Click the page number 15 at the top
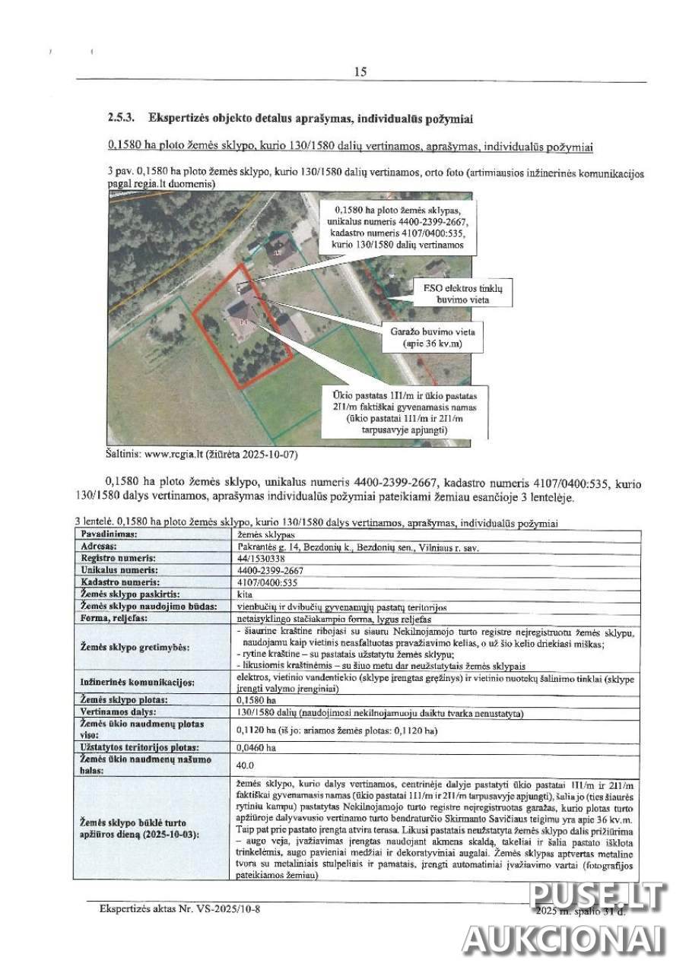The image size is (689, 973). click(360, 71)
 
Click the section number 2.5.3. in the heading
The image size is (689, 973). click(122, 119)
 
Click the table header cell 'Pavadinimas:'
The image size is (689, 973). click(109, 534)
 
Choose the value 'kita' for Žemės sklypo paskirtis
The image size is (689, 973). click(245, 594)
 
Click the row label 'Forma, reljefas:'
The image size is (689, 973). click(114, 618)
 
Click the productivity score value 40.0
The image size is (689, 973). click(246, 765)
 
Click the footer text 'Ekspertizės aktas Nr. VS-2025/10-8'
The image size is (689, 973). click(184, 908)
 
